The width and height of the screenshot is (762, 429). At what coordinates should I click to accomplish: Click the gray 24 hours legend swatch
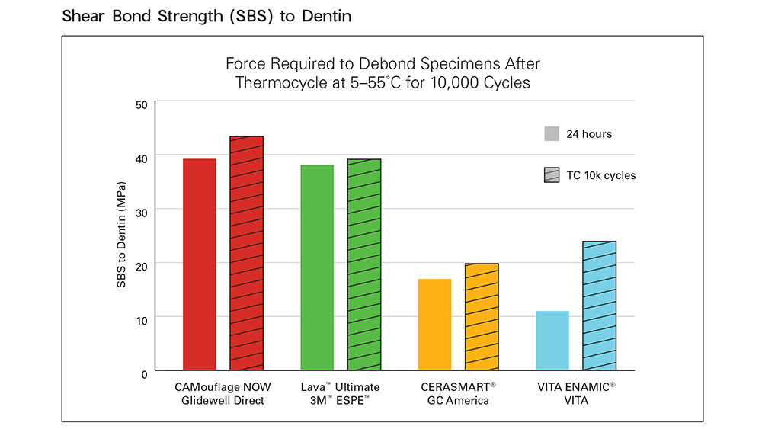(552, 134)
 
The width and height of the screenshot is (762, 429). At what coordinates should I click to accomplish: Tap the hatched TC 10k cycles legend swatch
(552, 175)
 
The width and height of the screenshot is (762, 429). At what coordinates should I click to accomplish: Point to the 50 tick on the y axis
(142, 104)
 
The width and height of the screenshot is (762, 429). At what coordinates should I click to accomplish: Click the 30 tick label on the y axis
(142, 212)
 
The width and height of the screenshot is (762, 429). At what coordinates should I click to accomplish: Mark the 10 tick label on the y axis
(142, 320)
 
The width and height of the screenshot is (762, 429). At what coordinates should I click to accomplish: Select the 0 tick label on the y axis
(145, 373)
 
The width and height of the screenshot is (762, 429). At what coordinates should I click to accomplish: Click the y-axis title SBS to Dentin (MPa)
(121, 235)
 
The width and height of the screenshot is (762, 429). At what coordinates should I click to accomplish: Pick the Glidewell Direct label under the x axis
(223, 401)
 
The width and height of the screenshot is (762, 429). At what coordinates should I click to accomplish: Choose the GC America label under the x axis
(458, 401)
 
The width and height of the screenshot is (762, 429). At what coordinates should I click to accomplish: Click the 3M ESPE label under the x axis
(340, 401)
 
